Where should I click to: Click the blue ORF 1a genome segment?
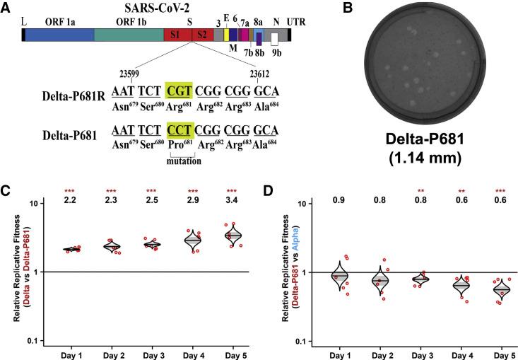[59, 35]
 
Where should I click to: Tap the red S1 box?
[174, 35]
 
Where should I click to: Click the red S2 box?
[202, 35]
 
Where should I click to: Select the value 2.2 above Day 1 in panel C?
[69, 202]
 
